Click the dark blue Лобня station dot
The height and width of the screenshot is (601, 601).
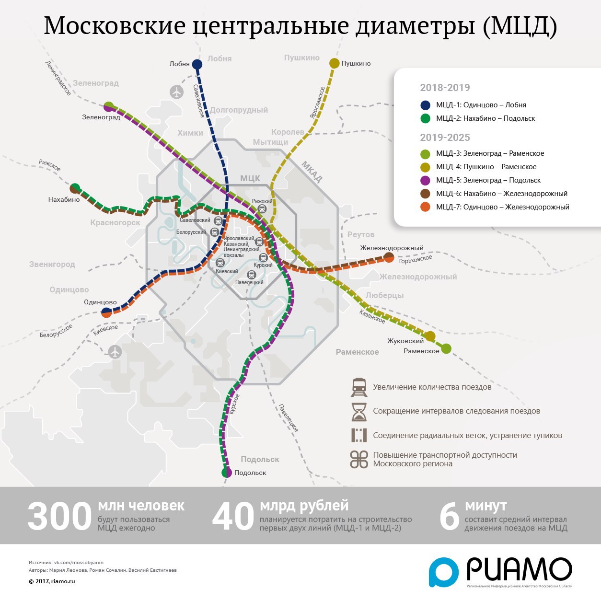197,64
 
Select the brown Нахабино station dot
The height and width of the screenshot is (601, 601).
75,188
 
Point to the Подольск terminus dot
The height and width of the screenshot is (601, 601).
227,473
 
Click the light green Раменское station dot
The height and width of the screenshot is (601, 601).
446,348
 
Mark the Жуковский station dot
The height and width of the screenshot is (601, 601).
430,336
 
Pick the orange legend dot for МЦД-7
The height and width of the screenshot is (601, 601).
425,207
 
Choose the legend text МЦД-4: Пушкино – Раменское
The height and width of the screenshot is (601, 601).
486,167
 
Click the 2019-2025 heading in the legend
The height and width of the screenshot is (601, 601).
445,138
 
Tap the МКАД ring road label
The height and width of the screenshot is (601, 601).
312,172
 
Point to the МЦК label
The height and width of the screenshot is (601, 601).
250,178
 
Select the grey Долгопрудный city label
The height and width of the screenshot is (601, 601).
239,110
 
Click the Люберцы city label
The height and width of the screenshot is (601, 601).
384,295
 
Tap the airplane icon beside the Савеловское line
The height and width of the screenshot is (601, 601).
177,92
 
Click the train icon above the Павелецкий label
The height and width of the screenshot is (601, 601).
251,275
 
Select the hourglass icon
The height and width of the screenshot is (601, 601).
358,411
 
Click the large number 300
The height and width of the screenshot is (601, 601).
59,517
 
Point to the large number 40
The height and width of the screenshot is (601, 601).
233,517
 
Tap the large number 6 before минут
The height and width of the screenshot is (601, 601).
449,517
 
